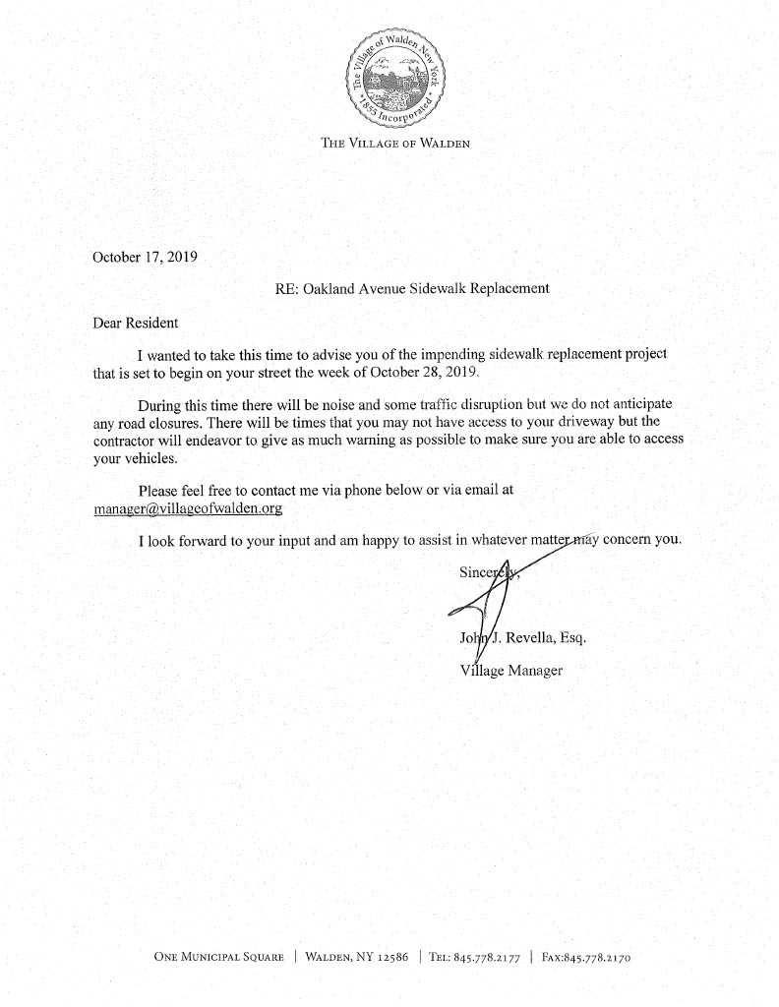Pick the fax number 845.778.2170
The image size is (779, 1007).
pyautogui.click(x=601, y=956)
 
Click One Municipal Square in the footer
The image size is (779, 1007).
pyautogui.click(x=218, y=956)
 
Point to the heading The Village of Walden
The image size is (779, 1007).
pyautogui.click(x=396, y=144)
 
